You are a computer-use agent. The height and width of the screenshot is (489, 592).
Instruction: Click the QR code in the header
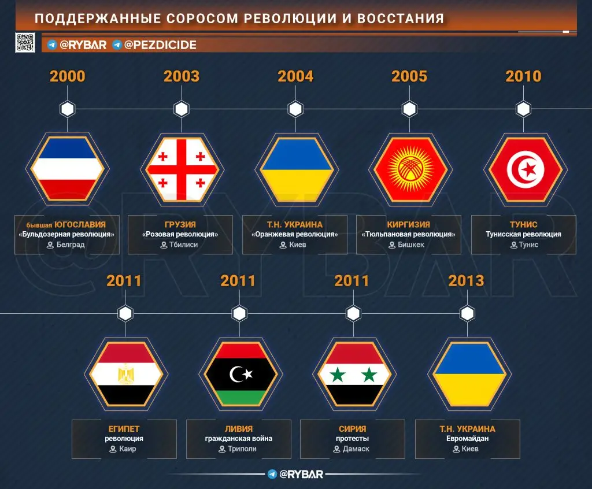(x=25, y=43)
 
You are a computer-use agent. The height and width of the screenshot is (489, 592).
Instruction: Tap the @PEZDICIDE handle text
(x=160, y=45)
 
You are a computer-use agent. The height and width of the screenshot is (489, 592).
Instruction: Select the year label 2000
(x=68, y=76)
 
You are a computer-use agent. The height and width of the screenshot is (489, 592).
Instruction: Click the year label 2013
(x=466, y=281)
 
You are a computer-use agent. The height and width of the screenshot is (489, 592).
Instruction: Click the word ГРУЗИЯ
(x=180, y=224)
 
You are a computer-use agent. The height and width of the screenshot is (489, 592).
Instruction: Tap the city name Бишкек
(x=411, y=244)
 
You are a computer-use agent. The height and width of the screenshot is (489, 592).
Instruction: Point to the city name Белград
(x=71, y=244)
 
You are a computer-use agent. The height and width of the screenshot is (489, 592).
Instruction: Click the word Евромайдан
(x=467, y=439)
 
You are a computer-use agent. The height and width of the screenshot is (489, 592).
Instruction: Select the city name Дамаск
(x=356, y=449)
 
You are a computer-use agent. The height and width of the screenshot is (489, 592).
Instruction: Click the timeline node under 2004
(x=295, y=109)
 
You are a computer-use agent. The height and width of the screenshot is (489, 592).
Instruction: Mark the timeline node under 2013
(x=467, y=314)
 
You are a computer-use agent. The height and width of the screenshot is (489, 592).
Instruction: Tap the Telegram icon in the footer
(x=272, y=474)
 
